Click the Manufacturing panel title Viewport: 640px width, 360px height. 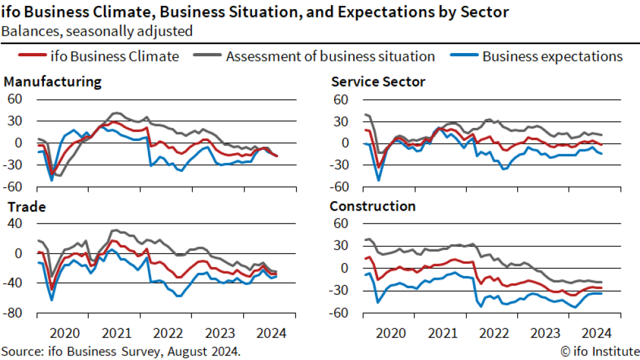click(52, 82)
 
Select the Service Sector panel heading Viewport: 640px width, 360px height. click(378, 82)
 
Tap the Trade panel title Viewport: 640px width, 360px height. click(25, 207)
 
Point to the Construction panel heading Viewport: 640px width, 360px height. click(372, 207)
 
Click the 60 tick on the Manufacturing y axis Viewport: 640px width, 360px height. click(15, 99)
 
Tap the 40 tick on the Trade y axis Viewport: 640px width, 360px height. click(15, 224)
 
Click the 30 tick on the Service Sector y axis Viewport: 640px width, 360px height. click(341, 121)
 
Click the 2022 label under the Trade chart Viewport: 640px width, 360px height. click(167, 334)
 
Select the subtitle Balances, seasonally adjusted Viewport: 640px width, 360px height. click(97, 30)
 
